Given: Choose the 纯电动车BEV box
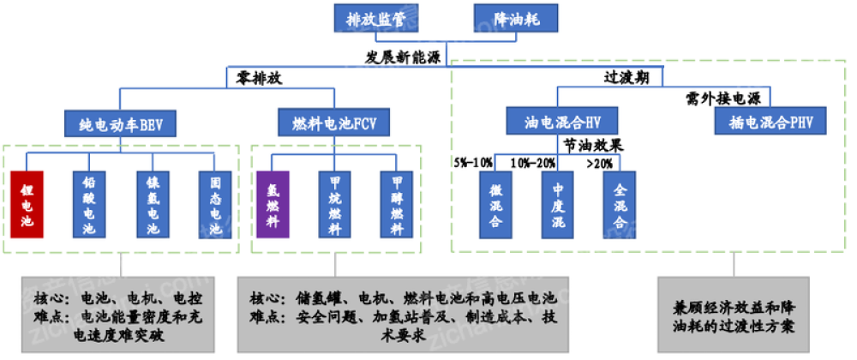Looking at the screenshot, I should [x=120, y=123].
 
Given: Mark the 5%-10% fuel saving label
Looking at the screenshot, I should [x=474, y=161].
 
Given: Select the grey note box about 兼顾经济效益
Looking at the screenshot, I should [x=733, y=316].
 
